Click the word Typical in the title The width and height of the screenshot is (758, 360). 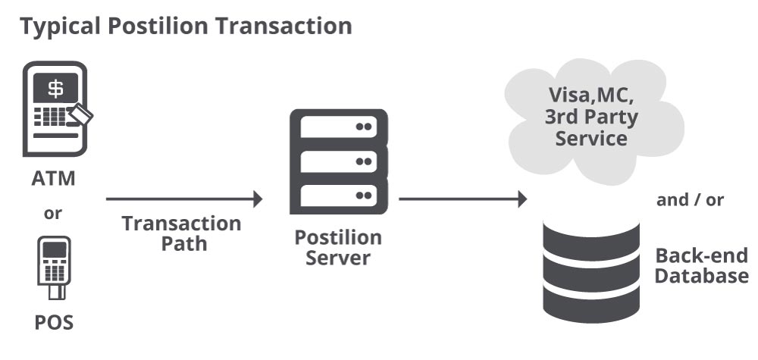pos(60,26)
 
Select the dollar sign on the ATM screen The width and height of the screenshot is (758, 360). pos(56,89)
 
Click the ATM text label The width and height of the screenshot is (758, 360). pos(53,180)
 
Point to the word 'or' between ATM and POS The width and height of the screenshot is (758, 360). pos(53,214)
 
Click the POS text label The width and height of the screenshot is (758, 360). pos(54,323)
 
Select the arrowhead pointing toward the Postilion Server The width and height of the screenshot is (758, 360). pos(257,199)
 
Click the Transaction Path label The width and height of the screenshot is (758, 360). pos(182,234)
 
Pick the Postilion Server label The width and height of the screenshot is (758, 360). pos(338,248)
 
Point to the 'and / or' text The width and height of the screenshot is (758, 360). pos(691,200)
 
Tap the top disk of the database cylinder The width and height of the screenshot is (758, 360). pos(592,231)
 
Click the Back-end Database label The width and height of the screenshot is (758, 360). pos(701,265)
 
